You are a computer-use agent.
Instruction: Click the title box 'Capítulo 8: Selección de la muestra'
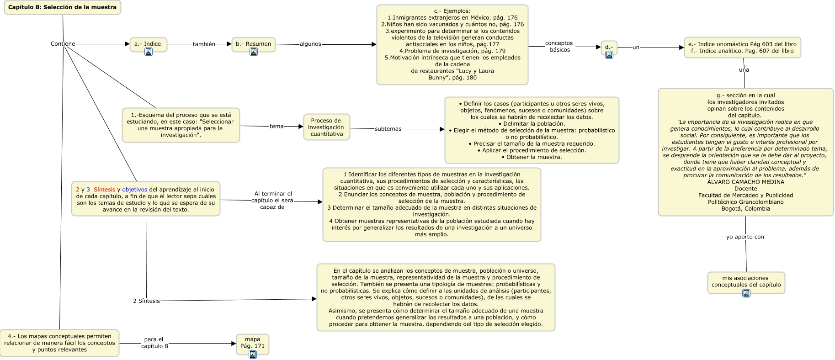[x=63, y=7]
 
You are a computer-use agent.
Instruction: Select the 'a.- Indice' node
[x=148, y=44]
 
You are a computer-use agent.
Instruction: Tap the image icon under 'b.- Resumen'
[x=254, y=52]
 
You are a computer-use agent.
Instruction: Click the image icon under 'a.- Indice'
[x=148, y=52]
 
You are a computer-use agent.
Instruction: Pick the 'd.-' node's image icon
[x=609, y=55]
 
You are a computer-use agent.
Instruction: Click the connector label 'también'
[x=204, y=44]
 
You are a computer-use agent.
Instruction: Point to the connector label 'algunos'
[x=310, y=44]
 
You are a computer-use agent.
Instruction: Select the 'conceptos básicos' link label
[x=559, y=47]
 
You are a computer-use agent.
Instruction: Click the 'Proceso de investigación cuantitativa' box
[x=326, y=127]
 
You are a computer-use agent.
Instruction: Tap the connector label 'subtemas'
[x=388, y=129]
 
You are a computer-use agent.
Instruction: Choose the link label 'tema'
[x=277, y=127]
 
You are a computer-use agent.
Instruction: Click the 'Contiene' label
[x=63, y=44]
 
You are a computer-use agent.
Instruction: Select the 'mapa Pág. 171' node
[x=252, y=343]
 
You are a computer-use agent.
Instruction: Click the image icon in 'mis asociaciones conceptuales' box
[x=746, y=293]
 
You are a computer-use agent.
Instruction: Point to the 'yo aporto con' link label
[x=745, y=237]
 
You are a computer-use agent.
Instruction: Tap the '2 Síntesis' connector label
[x=146, y=301]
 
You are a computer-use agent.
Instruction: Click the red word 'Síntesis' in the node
[x=104, y=190]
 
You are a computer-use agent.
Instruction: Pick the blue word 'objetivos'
[x=134, y=190]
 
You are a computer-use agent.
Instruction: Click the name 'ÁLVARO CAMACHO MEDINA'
[x=745, y=182]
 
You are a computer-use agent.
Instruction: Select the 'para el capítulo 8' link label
[x=154, y=343]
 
